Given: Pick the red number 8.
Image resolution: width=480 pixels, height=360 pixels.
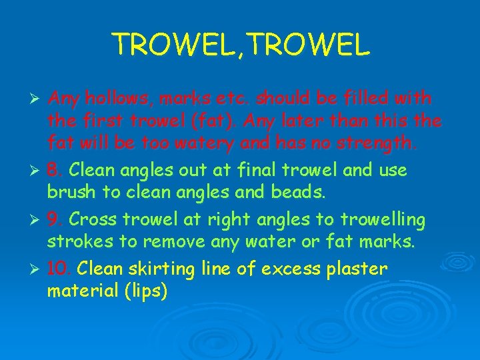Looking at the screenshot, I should (x=54, y=170).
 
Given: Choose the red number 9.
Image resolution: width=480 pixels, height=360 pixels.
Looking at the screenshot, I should (x=54, y=219).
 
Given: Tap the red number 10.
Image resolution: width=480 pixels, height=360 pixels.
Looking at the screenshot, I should (x=59, y=269).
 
